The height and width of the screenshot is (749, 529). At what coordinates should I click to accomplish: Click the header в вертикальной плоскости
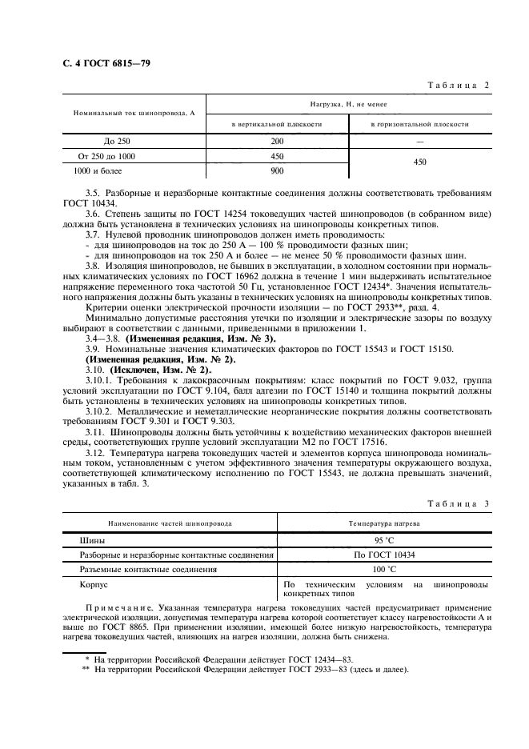pyautogui.click(x=277, y=125)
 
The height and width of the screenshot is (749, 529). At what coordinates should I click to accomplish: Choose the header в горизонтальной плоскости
pyautogui.click(x=419, y=125)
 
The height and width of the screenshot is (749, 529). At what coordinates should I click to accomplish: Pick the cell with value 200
pyautogui.click(x=277, y=142)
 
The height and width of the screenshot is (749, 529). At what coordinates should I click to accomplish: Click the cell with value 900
pyautogui.click(x=277, y=170)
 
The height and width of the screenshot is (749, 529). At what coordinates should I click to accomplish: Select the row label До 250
pyautogui.click(x=106, y=142)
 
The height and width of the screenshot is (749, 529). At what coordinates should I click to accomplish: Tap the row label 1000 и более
pyautogui.click(x=106, y=170)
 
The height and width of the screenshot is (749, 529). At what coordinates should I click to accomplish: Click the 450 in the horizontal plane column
pyautogui.click(x=419, y=162)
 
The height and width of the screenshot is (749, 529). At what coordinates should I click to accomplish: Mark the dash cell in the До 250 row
pyautogui.click(x=419, y=142)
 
